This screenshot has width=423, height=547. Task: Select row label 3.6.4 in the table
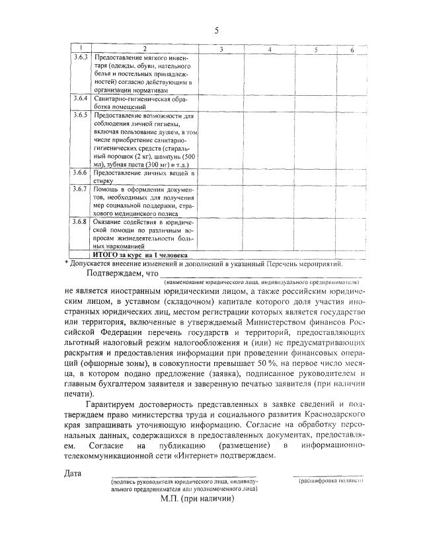pos(81,98)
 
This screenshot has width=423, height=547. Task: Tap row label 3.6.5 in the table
pos(81,116)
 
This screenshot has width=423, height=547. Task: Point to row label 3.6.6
pos(81,172)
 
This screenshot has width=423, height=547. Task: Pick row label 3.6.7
pos(81,190)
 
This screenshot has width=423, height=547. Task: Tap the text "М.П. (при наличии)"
pos(196,499)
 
